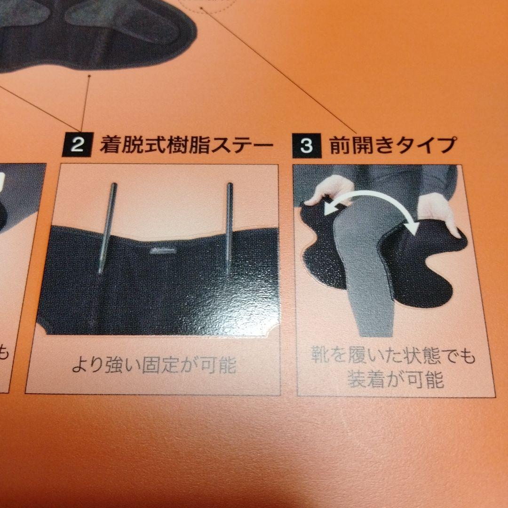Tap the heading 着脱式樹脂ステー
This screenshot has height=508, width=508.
click(x=186, y=144)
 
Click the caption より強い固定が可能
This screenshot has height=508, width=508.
click(x=153, y=365)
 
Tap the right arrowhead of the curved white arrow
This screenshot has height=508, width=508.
click(x=413, y=228)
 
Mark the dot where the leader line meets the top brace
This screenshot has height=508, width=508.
click(x=89, y=74)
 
